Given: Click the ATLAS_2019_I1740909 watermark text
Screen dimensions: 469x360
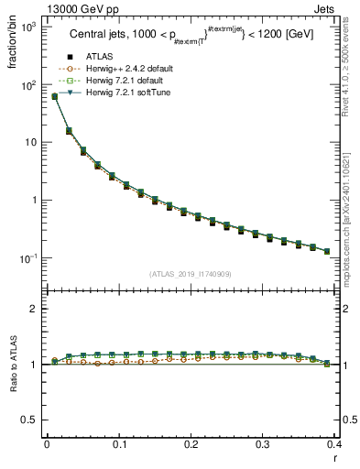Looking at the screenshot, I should [x=191, y=273].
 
